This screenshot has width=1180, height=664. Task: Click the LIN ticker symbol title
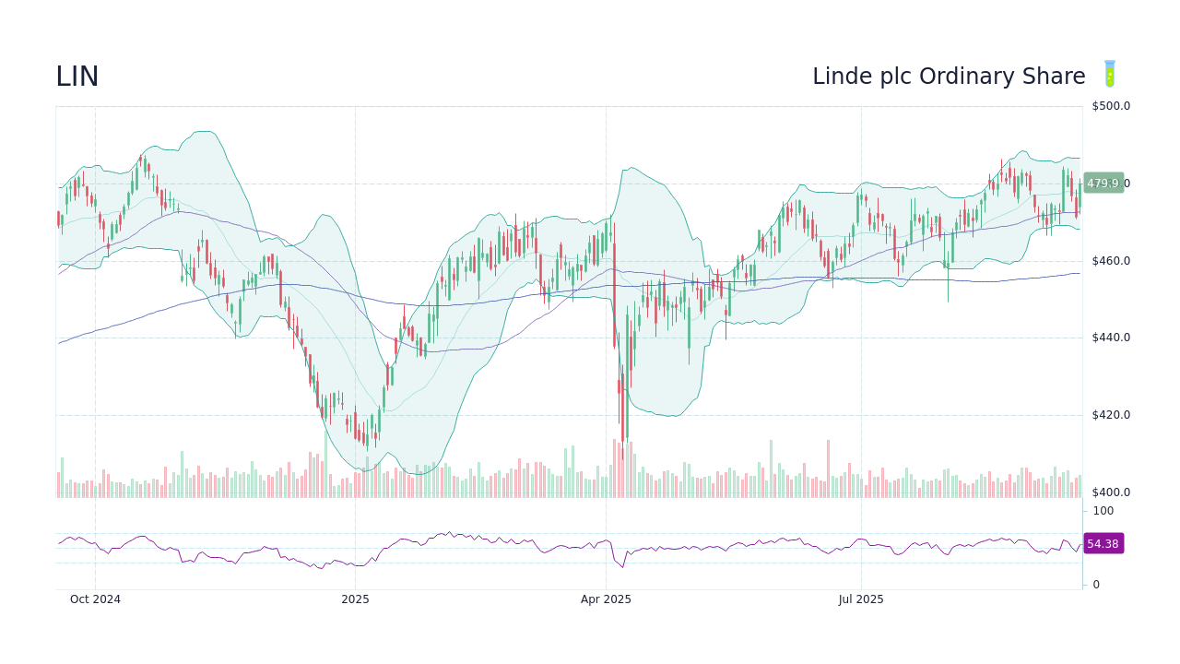(77, 77)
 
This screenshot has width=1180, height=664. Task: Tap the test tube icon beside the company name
(1110, 75)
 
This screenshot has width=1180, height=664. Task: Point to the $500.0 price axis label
(1111, 106)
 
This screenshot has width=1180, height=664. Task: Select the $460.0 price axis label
(1111, 261)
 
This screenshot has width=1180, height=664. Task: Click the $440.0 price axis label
(1111, 338)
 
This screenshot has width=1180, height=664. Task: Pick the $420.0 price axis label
(1111, 415)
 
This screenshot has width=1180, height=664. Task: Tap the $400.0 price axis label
(1111, 492)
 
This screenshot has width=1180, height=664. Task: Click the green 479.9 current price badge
(1103, 184)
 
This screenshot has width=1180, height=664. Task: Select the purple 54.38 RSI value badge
(1103, 544)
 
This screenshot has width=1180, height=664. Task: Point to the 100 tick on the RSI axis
(1103, 511)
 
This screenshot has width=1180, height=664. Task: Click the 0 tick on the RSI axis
(1096, 585)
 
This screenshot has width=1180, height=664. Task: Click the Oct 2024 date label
(95, 599)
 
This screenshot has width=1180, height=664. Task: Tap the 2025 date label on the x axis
(355, 599)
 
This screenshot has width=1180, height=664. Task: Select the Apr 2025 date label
(606, 599)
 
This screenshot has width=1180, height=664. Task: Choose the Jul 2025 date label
(861, 599)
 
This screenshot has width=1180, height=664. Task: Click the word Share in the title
(1055, 77)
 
